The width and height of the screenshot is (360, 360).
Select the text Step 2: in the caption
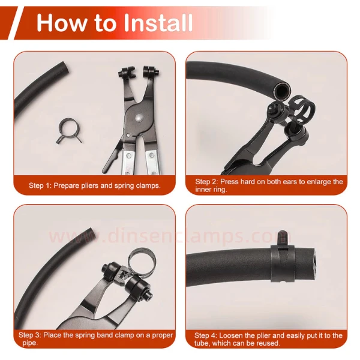coord(207,181)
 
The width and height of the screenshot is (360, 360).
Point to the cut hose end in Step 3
coord(91,233)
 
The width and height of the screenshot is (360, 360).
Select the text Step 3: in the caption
coord(30,335)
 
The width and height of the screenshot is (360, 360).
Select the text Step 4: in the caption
coord(206,335)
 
